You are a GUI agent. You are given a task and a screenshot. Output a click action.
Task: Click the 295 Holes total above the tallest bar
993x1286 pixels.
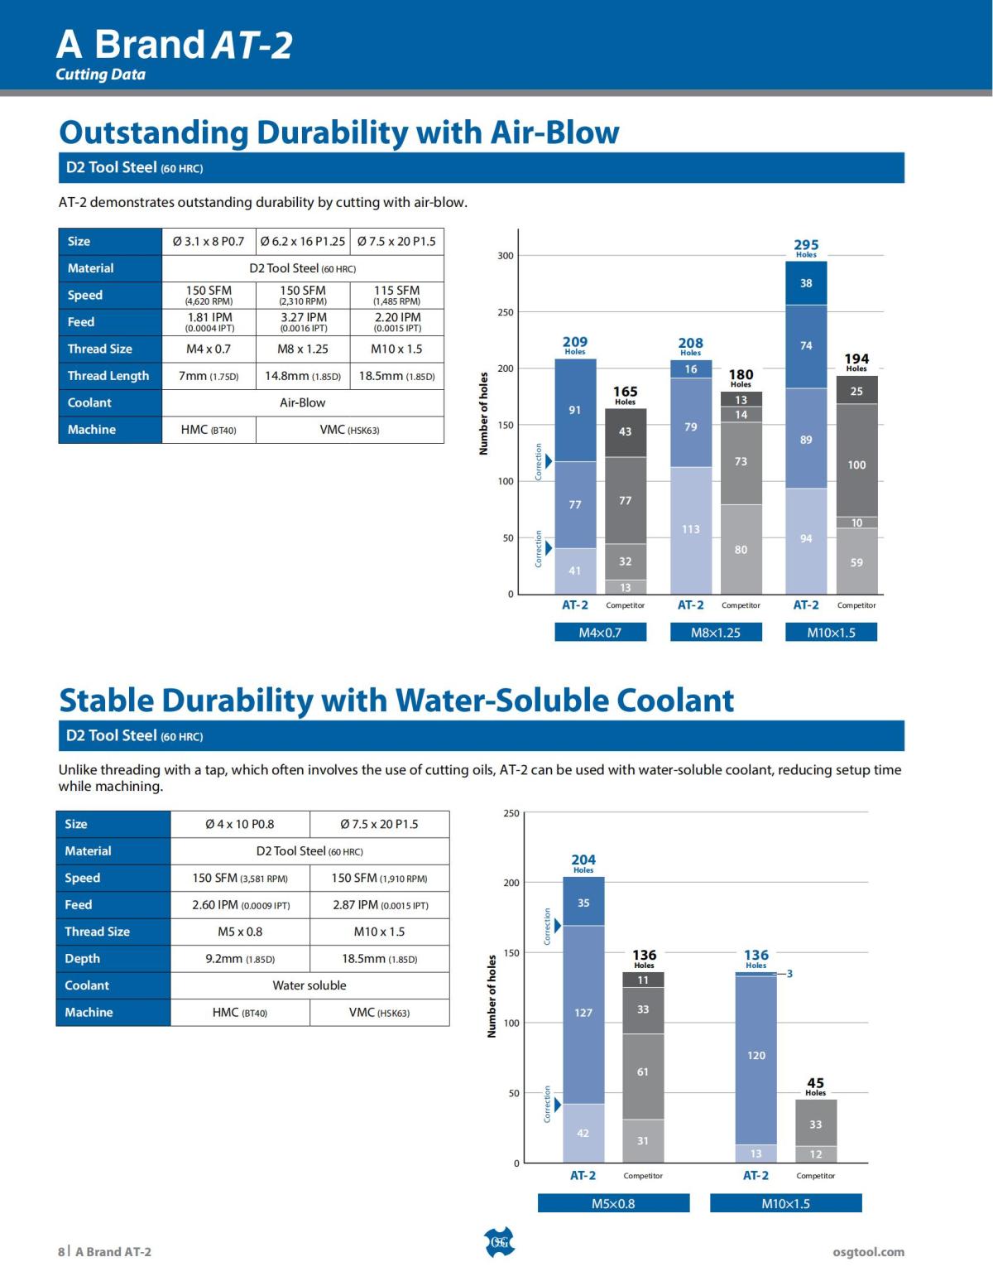pyautogui.click(x=806, y=247)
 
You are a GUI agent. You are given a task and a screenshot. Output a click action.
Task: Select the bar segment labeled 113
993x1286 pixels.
pyautogui.click(x=690, y=530)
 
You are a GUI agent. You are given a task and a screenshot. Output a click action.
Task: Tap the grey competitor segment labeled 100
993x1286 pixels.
pyautogui.click(x=856, y=465)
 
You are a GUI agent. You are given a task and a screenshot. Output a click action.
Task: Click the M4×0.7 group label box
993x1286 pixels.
pyautogui.click(x=600, y=633)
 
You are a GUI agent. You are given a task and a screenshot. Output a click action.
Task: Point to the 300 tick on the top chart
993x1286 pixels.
pyautogui.click(x=505, y=256)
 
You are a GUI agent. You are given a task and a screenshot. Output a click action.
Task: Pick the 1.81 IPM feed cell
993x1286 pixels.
pyautogui.click(x=209, y=322)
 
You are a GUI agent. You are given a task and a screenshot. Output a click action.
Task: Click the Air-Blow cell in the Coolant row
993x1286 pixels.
pyautogui.click(x=303, y=402)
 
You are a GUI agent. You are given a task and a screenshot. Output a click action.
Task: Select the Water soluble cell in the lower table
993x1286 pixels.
pyautogui.click(x=309, y=985)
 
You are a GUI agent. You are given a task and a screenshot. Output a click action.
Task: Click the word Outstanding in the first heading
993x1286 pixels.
pyautogui.click(x=154, y=132)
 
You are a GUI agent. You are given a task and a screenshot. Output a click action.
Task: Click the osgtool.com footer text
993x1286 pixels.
pyautogui.click(x=868, y=1252)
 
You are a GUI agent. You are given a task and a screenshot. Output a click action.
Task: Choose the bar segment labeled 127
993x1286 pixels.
pyautogui.click(x=583, y=1014)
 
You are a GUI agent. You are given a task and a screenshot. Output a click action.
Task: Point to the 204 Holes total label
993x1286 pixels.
pyautogui.click(x=583, y=863)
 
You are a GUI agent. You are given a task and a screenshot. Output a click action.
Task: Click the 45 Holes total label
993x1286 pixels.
pyautogui.click(x=815, y=1086)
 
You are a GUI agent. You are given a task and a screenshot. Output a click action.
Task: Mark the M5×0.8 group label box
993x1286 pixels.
pyautogui.click(x=613, y=1203)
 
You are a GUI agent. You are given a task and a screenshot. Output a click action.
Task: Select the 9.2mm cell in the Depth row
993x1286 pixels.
pyautogui.click(x=240, y=959)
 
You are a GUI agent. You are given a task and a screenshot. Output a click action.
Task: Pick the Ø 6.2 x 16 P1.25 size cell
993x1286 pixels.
pyautogui.click(x=303, y=242)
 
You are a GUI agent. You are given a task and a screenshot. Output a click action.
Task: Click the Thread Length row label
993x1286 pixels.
pyautogui.click(x=108, y=376)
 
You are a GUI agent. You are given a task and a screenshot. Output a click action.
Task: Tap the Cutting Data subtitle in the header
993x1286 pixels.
pyautogui.click(x=100, y=75)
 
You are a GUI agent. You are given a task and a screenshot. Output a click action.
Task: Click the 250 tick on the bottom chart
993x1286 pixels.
pyautogui.click(x=511, y=813)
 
